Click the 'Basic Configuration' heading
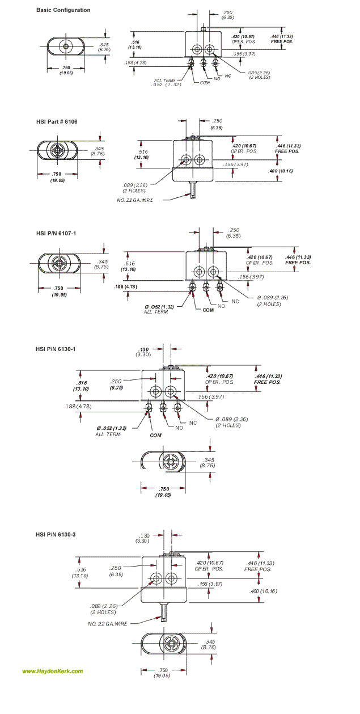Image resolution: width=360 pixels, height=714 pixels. click(x=63, y=10)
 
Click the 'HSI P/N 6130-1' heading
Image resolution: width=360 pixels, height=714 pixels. click(x=56, y=349)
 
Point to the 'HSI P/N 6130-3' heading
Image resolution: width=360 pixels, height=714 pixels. click(x=56, y=534)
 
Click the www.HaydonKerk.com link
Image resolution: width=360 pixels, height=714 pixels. click(x=52, y=671)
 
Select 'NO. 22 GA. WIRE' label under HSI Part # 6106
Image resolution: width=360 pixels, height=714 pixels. click(x=135, y=200)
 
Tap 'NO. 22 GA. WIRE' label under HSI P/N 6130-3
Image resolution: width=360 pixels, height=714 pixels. click(x=108, y=623)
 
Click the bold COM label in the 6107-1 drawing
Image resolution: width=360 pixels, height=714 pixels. click(x=209, y=311)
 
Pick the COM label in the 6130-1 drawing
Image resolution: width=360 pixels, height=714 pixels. click(x=155, y=435)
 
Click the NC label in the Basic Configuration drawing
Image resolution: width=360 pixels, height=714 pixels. click(x=228, y=76)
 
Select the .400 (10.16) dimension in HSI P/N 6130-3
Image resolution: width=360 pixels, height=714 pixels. click(x=263, y=592)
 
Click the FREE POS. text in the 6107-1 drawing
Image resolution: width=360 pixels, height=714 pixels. click(x=298, y=263)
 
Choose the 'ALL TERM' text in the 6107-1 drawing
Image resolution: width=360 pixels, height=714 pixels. click(x=155, y=312)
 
